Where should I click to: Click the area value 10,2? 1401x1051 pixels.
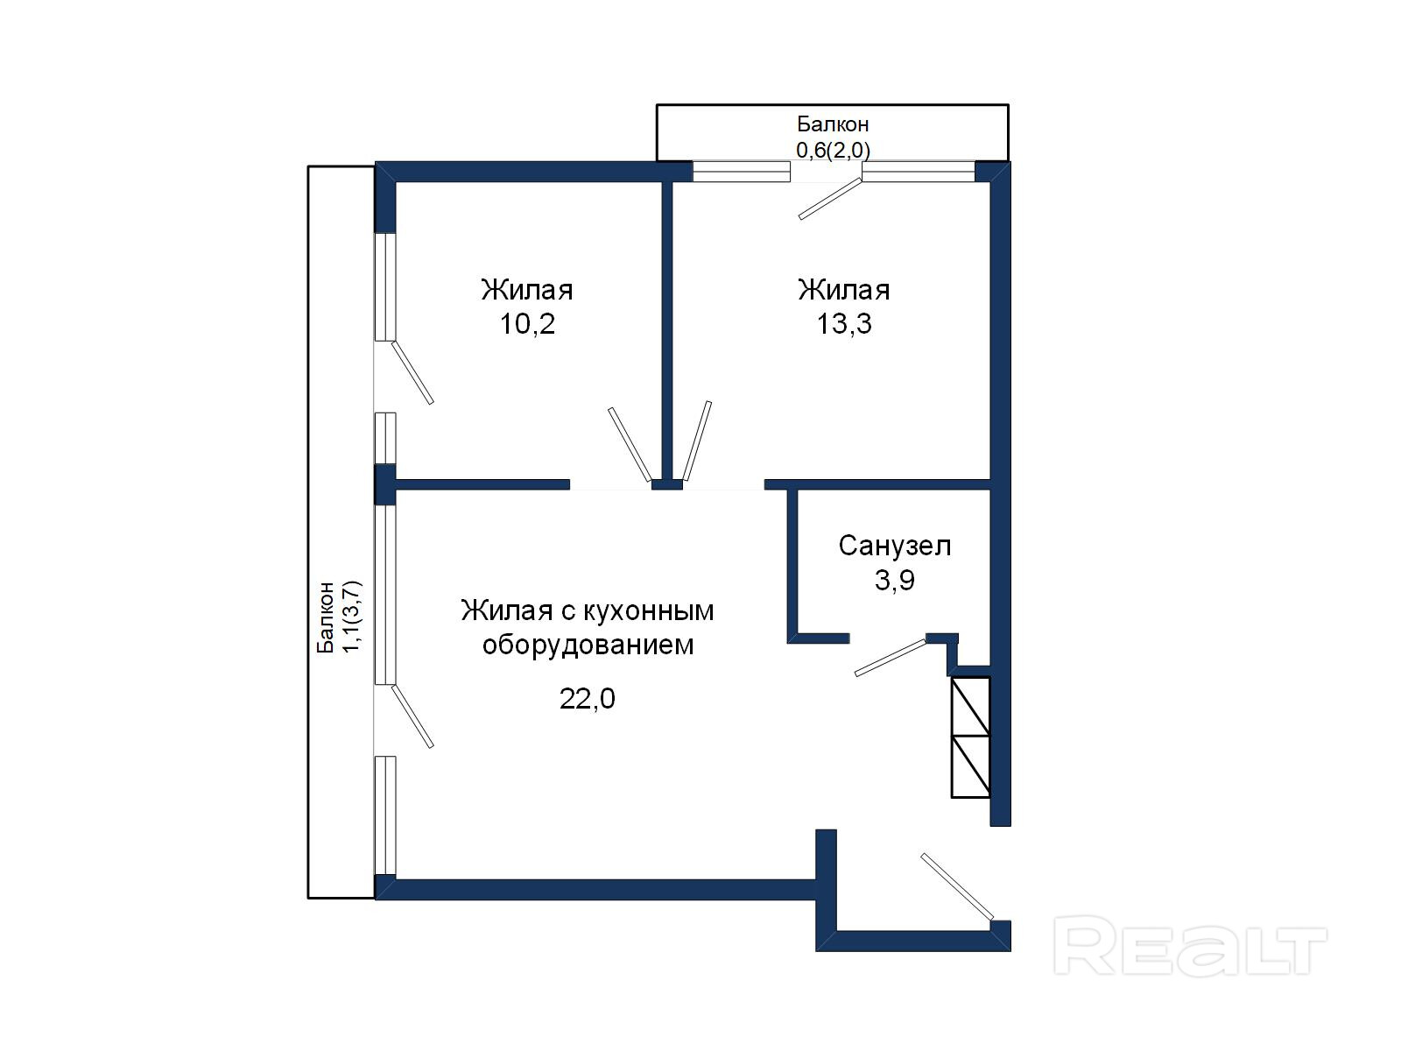tap(526, 324)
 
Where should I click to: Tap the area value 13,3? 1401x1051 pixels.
tap(844, 324)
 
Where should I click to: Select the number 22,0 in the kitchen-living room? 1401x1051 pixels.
tap(588, 699)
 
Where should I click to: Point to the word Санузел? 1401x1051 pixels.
tap(894, 546)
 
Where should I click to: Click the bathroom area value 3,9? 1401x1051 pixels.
tap(894, 580)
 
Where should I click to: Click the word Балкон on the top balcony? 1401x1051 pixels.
tap(833, 123)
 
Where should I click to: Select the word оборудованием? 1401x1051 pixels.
tap(588, 645)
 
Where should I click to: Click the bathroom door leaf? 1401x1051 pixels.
tap(891, 657)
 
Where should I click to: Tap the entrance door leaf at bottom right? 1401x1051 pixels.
tap(957, 886)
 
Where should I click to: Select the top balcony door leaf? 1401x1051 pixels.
tap(830, 199)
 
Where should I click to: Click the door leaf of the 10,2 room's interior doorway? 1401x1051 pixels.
tap(630, 444)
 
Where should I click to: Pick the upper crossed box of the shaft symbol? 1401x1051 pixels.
tap(970, 707)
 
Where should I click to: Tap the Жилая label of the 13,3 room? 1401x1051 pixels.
tap(844, 291)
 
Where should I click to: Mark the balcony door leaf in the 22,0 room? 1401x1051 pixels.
tap(412, 716)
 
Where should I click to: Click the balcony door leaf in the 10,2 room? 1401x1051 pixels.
tap(412, 373)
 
